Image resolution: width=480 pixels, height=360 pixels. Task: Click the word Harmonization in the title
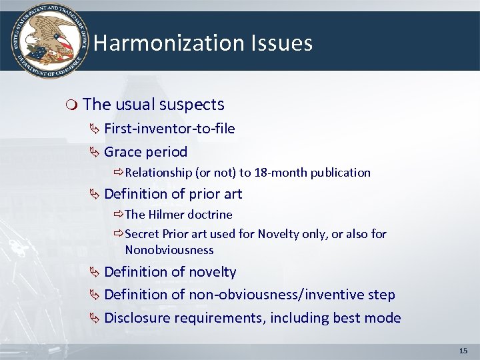pos(169,43)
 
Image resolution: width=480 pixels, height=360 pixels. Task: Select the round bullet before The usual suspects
pos(73,105)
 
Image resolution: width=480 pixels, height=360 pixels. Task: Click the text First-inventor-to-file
pos(169,129)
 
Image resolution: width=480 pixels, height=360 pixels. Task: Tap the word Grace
pos(123,151)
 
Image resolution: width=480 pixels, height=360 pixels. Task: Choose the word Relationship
pos(158,173)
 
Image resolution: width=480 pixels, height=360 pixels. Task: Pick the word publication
pos(339,173)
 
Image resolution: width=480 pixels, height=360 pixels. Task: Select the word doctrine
pos(210,215)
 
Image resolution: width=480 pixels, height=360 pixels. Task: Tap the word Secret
pos(142,234)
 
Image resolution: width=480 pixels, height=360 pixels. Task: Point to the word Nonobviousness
pos(169,250)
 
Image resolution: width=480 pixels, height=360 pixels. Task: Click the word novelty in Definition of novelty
pos(211,272)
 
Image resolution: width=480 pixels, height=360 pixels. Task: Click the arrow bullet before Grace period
pos(95,152)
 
